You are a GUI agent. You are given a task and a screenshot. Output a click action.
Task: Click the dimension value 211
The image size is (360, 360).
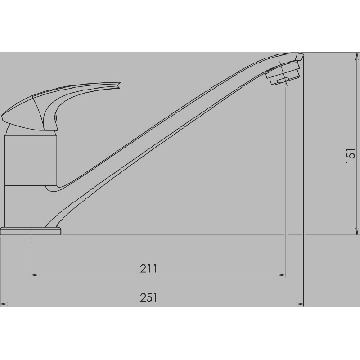pyautogui.click(x=148, y=269)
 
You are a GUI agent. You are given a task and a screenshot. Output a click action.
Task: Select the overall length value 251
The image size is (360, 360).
pyautogui.click(x=148, y=298)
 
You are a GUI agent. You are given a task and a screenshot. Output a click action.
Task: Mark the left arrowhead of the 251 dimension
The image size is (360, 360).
pyautogui.click(x=4, y=304)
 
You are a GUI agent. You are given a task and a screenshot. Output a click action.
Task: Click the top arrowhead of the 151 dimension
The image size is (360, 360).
pyautogui.click(x=355, y=56)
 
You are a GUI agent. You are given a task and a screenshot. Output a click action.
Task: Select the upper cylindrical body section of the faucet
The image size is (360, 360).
pyautogui.click(x=31, y=160)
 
